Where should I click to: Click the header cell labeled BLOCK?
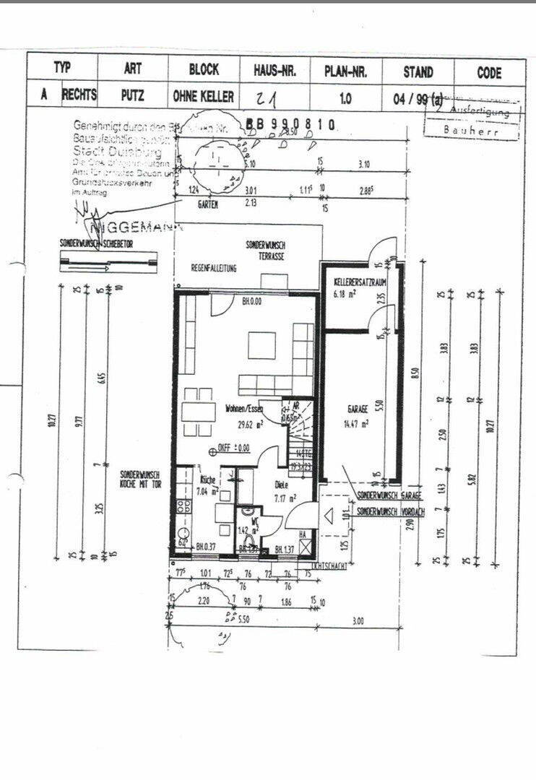pos(204,71)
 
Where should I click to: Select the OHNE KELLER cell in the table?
pos(204,96)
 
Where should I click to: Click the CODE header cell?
pos(489,72)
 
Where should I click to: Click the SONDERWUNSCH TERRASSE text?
pos(264,251)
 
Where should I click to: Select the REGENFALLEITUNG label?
pos(214,268)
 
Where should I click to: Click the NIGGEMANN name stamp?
pos(137,226)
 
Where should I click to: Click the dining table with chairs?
pos(197,412)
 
